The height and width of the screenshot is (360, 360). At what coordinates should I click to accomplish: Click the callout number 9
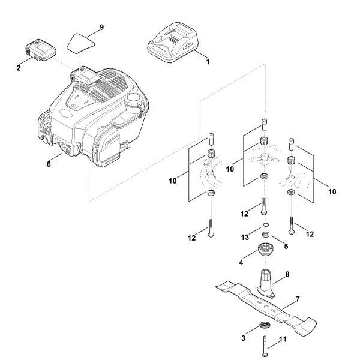point(101,28)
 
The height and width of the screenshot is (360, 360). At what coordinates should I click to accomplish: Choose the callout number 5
point(286,245)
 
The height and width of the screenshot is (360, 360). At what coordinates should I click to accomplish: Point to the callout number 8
point(287,274)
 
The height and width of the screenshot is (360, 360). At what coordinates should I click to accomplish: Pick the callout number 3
point(242,339)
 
